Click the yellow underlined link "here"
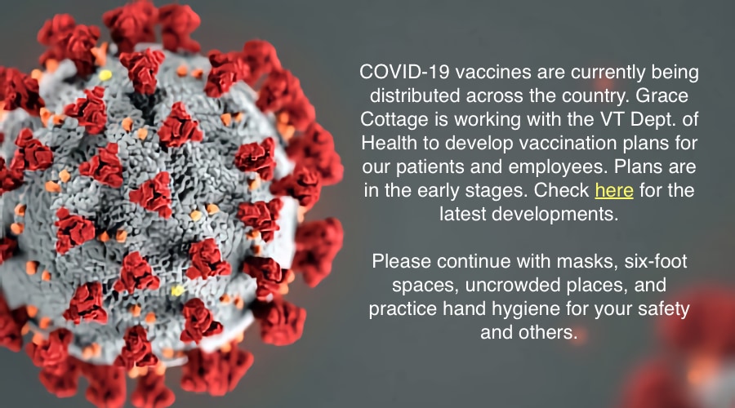pos(614,191)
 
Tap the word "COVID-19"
pos(405,72)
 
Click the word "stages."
pos(496,191)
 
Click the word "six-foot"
pos(656,261)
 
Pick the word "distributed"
pos(415,95)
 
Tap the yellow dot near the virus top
pos(105,75)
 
